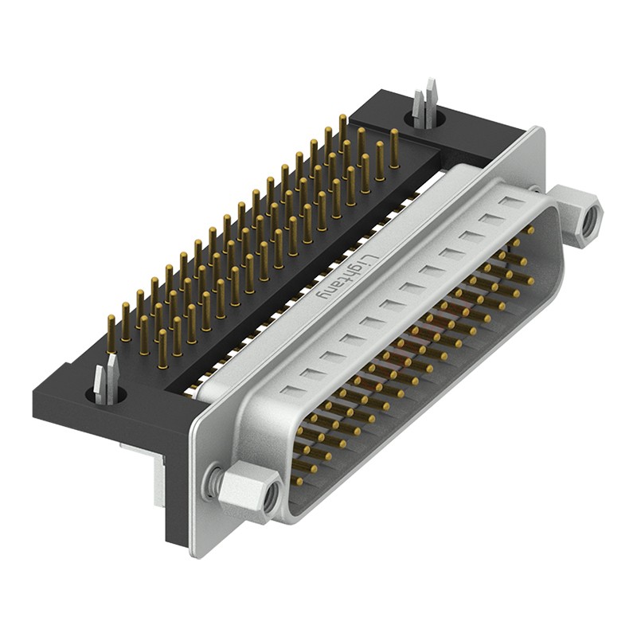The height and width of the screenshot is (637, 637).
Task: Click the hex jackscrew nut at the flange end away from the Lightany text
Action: coord(249,492)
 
